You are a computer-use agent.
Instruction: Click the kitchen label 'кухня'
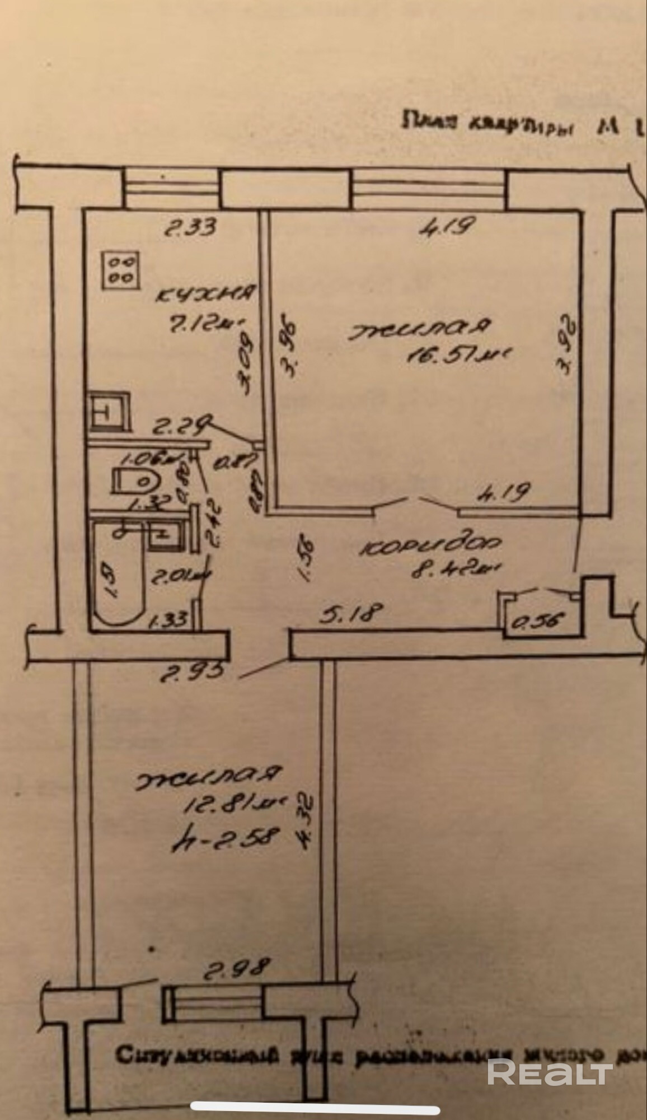click(207, 293)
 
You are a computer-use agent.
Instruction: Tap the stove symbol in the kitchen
click(120, 270)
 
